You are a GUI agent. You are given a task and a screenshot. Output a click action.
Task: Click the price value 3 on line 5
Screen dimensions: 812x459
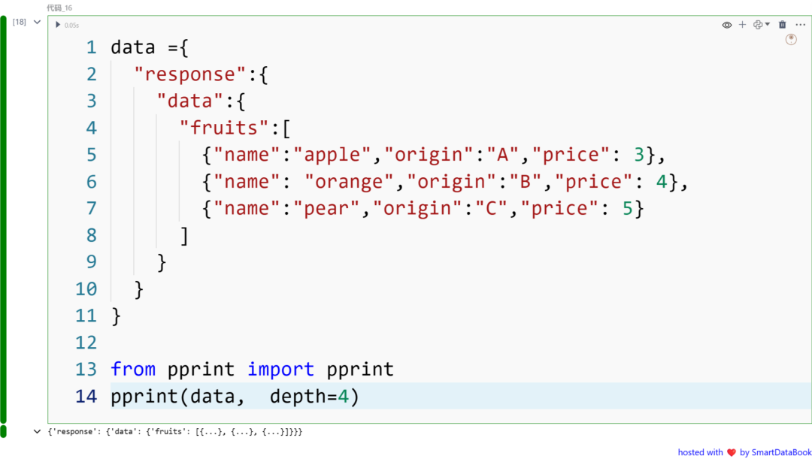click(639, 155)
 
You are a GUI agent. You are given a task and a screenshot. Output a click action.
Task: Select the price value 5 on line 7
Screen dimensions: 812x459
click(628, 208)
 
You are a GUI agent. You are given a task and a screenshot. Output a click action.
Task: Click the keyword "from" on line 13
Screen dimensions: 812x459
click(133, 369)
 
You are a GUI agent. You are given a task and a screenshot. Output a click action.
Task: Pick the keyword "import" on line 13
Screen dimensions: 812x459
click(280, 369)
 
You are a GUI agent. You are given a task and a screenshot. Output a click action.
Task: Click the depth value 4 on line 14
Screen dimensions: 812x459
click(343, 396)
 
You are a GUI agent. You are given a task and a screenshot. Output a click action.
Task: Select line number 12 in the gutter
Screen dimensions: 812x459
click(86, 343)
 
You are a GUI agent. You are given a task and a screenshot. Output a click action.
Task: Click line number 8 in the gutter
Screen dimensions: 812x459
click(92, 235)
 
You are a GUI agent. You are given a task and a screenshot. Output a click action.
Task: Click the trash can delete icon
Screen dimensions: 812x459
click(782, 25)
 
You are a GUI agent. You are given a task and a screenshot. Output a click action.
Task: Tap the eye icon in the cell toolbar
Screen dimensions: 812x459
click(727, 25)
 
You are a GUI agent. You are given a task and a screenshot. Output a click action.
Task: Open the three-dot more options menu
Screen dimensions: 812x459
click(800, 25)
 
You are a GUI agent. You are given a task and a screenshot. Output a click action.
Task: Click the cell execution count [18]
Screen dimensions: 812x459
click(19, 23)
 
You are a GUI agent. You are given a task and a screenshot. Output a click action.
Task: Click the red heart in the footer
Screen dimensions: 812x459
click(731, 452)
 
